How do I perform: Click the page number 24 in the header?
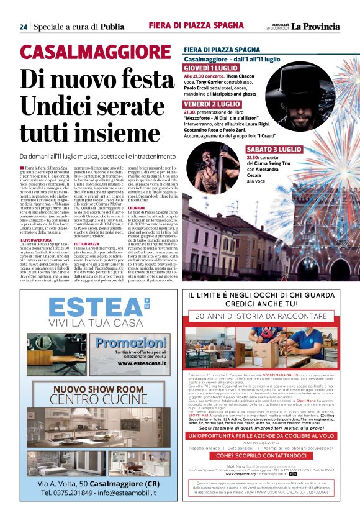coord(23,27)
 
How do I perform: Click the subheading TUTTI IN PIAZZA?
coord(86,244)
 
